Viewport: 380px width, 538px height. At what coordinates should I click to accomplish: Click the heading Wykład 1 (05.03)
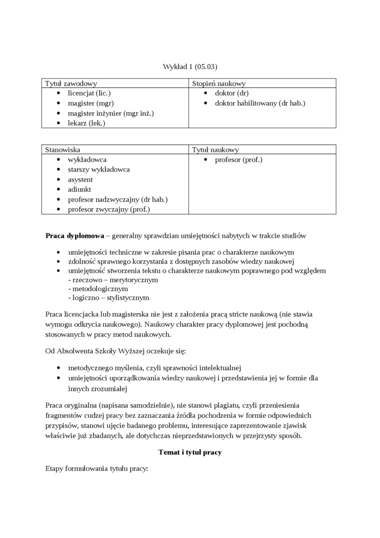click(190, 67)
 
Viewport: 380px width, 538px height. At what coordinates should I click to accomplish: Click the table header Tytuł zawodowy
click(71, 84)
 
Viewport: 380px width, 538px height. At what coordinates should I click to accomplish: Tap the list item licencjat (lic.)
click(89, 93)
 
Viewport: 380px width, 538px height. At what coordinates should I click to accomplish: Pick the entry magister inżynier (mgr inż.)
click(110, 113)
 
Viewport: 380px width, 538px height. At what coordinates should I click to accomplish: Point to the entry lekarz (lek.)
click(86, 123)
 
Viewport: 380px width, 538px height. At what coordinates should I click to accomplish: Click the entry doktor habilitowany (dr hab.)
click(260, 103)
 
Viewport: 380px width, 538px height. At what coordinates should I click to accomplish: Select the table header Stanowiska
click(62, 150)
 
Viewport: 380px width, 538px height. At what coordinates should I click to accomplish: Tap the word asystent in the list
click(80, 180)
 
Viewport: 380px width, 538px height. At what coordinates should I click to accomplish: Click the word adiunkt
click(79, 190)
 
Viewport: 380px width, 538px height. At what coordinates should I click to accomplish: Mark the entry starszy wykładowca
click(99, 170)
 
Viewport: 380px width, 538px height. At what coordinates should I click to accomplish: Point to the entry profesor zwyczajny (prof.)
click(109, 210)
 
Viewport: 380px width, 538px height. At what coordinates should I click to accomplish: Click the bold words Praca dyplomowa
click(75, 235)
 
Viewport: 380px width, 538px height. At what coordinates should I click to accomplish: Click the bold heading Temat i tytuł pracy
click(190, 452)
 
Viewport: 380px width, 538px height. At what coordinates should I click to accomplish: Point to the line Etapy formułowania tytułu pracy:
click(97, 470)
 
